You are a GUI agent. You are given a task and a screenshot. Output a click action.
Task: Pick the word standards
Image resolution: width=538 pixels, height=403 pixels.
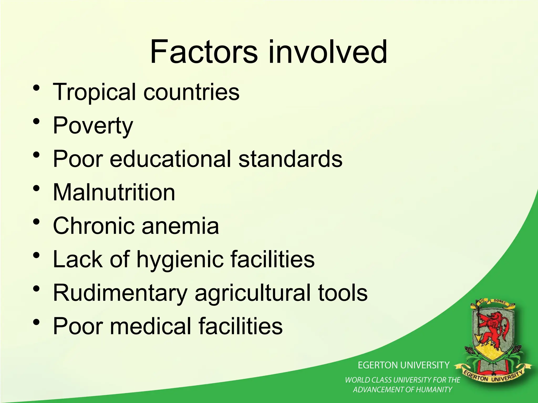pyautogui.click(x=290, y=159)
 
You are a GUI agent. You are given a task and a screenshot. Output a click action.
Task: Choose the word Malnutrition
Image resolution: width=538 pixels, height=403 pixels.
pyautogui.click(x=114, y=193)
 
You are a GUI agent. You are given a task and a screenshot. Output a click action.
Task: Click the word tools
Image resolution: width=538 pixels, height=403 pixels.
pyautogui.click(x=343, y=293)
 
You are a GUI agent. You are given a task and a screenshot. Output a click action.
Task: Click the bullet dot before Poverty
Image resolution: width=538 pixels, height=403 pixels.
pyautogui.click(x=37, y=121)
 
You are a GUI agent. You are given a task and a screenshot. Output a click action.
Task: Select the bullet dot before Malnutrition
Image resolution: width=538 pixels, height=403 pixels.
pyautogui.click(x=37, y=188)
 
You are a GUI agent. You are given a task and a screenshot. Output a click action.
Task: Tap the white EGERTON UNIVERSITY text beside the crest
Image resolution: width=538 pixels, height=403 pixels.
pyautogui.click(x=403, y=365)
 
